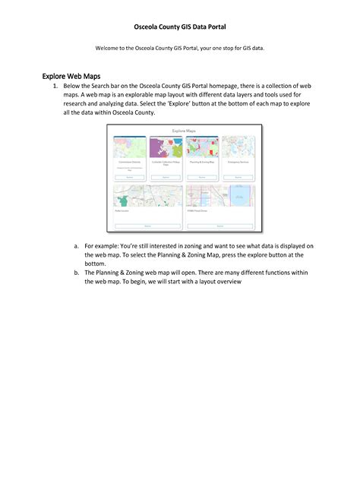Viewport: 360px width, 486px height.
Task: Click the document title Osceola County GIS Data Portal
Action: (x=180, y=26)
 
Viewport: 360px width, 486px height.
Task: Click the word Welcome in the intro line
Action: (x=109, y=49)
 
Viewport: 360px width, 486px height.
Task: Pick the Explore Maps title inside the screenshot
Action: (x=184, y=131)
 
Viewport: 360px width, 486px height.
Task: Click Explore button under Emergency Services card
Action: (x=238, y=177)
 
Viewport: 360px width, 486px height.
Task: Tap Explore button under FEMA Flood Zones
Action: (x=219, y=226)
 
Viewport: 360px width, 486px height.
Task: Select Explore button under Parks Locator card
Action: (x=147, y=226)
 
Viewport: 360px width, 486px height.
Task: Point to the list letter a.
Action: (x=76, y=246)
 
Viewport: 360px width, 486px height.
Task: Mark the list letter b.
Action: (x=76, y=271)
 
